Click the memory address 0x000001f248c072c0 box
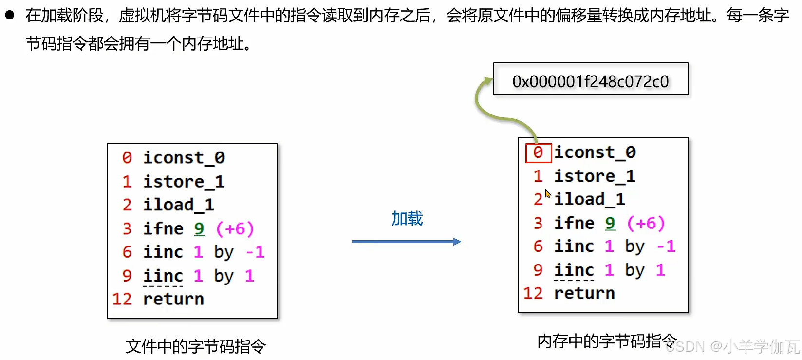[x=590, y=79]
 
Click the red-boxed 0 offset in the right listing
[x=538, y=152]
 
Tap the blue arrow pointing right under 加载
[x=406, y=242]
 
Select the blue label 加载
[x=407, y=219]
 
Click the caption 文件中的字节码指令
[x=196, y=346]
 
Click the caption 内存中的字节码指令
[x=607, y=341]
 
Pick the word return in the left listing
[x=173, y=299]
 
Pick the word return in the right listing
[x=584, y=293]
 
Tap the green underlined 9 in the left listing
[x=199, y=228]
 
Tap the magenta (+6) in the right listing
[x=645, y=223]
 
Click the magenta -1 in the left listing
[x=255, y=252]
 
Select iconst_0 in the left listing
[x=184, y=158]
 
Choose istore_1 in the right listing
[x=594, y=176]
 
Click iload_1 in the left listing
[x=178, y=205]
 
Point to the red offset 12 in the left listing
[x=122, y=299]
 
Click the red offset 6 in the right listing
[x=538, y=246]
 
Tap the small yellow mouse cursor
[x=548, y=194]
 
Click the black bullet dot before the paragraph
[x=10, y=15]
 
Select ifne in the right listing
[x=574, y=223]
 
